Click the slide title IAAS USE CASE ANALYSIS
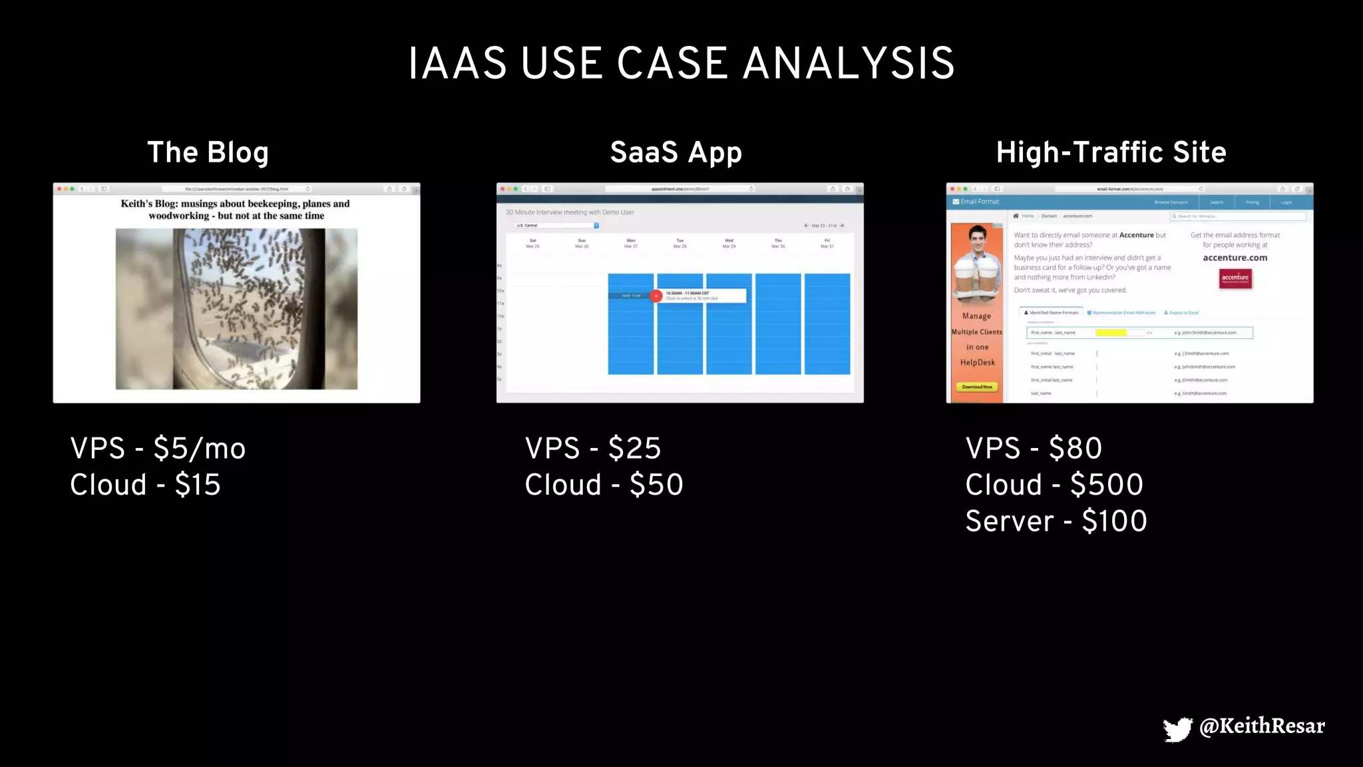[681, 64]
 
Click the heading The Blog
[208, 152]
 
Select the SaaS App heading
[676, 152]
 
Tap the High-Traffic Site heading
[1111, 152]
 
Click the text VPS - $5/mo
[158, 448]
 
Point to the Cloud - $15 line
[145, 485]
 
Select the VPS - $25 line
[592, 448]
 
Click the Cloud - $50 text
[604, 485]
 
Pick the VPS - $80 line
[1034, 448]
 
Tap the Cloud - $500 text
[1054, 485]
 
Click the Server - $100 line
[1056, 521]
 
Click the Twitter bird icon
[1177, 729]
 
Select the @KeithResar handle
[1262, 726]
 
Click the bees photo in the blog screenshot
[236, 309]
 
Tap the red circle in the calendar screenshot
[656, 296]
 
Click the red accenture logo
[1235, 278]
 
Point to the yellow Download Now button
[976, 387]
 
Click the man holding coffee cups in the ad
[976, 263]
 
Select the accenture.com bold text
[1235, 258]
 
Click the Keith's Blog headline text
[236, 209]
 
